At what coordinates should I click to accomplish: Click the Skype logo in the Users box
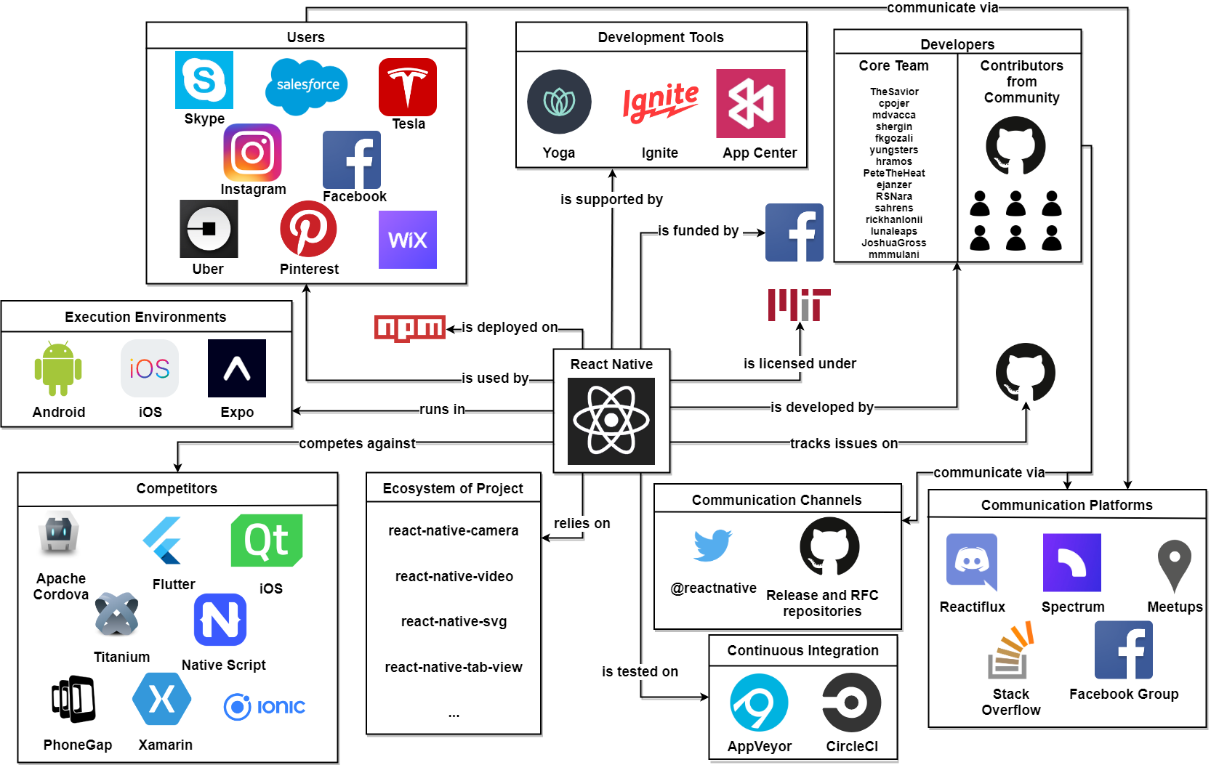pyautogui.click(x=204, y=80)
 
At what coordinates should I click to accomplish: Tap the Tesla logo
pyautogui.click(x=408, y=87)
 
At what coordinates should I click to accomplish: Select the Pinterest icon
pyautogui.click(x=308, y=229)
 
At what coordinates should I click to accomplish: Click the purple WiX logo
pyautogui.click(x=408, y=240)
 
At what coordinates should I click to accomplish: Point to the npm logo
pyautogui.click(x=409, y=328)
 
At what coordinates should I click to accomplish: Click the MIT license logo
pyautogui.click(x=799, y=304)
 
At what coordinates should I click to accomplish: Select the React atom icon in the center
pyautogui.click(x=611, y=421)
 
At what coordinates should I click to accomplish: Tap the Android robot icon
pyautogui.click(x=58, y=368)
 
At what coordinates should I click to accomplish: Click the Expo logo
pyautogui.click(x=237, y=368)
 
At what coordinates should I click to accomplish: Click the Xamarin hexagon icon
pyautogui.click(x=162, y=700)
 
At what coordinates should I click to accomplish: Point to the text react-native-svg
pyautogui.click(x=454, y=622)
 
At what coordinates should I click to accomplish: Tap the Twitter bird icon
pyautogui.click(x=712, y=545)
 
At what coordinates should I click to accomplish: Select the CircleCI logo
pyautogui.click(x=851, y=703)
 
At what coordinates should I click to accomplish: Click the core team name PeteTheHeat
pyautogui.click(x=894, y=174)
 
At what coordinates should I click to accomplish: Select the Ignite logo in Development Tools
pyautogui.click(x=660, y=102)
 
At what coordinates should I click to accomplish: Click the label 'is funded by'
pyautogui.click(x=698, y=231)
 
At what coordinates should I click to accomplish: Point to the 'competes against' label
pyautogui.click(x=357, y=444)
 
